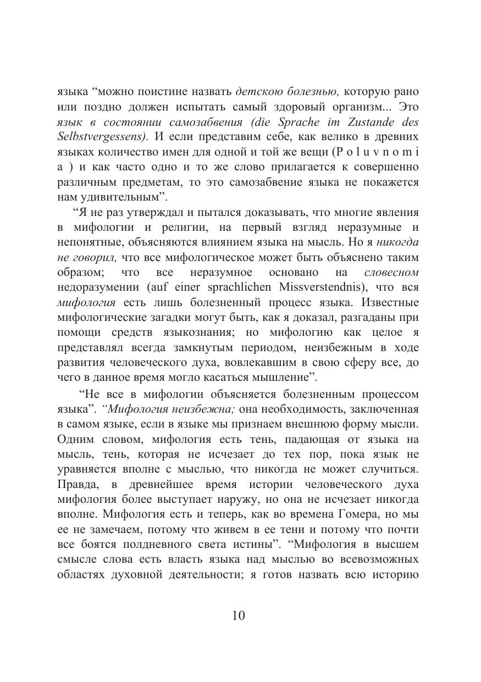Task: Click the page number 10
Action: click(x=239, y=616)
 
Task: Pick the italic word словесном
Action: click(x=391, y=273)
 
